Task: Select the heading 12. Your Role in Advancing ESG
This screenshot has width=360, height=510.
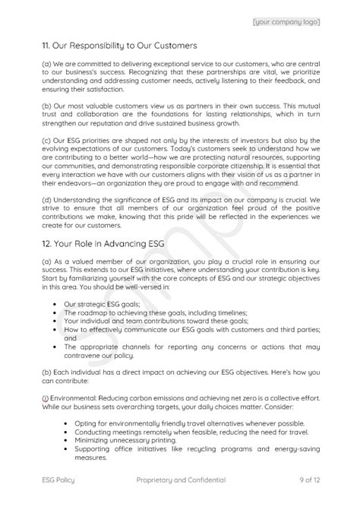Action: (104, 243)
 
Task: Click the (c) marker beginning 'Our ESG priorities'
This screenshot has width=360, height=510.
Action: (46, 161)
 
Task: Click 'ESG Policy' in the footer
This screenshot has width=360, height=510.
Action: (58, 480)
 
